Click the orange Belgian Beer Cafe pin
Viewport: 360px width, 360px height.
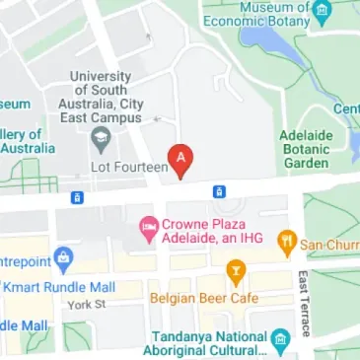[x=236, y=269]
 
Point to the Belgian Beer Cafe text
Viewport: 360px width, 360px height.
[x=197, y=296]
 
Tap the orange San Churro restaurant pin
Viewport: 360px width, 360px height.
[x=287, y=239]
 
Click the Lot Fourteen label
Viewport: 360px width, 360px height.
[x=127, y=169]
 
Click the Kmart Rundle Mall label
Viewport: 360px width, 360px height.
[x=58, y=287]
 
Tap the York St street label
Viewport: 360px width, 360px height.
[x=86, y=305]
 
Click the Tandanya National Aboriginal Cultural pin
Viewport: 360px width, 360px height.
[x=279, y=338]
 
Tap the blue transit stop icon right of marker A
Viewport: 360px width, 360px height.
[x=219, y=190]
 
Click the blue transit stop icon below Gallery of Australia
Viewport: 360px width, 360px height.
[x=76, y=197]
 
